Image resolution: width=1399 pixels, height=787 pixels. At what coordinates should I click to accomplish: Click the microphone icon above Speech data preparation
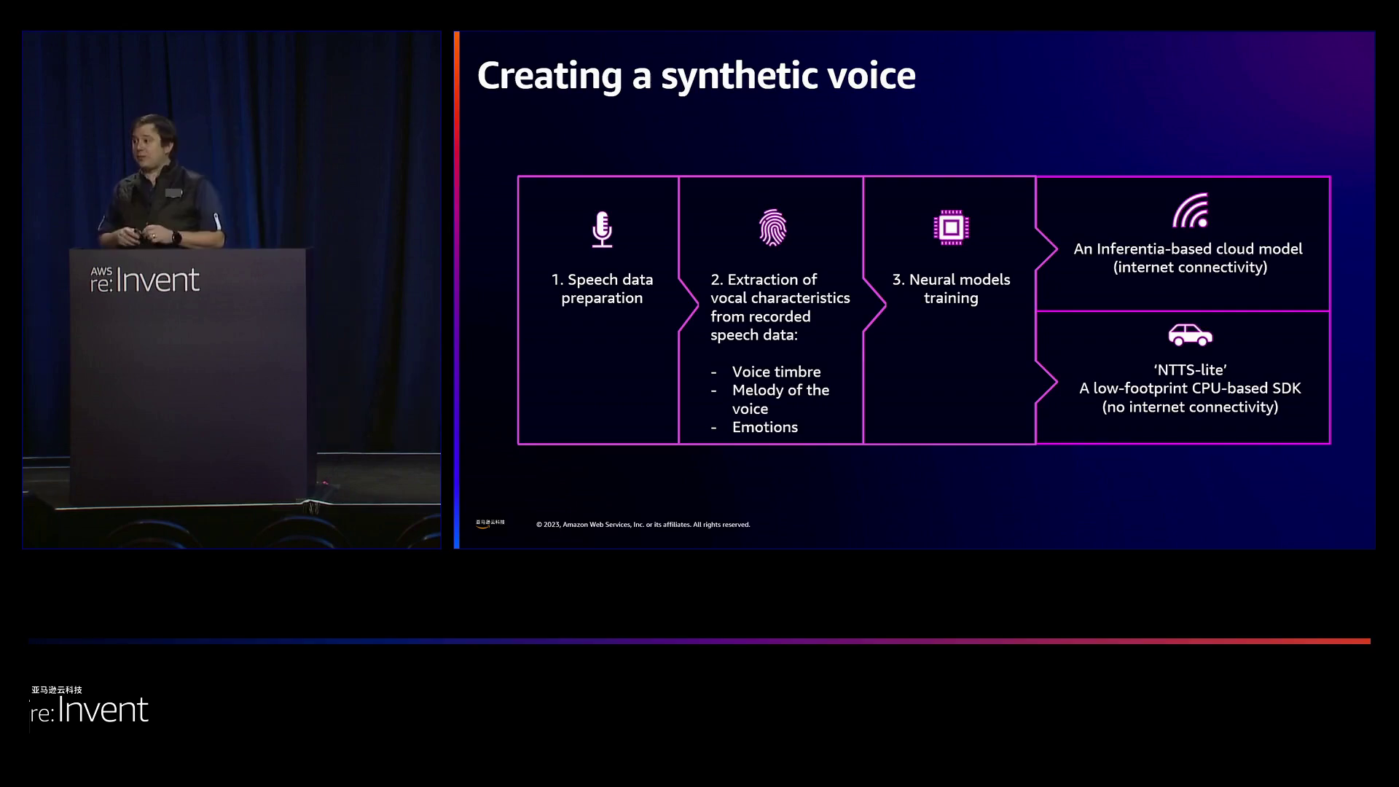(602, 229)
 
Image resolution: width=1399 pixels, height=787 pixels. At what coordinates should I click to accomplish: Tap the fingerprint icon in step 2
(772, 228)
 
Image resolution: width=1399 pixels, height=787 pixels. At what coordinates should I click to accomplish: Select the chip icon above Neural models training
(951, 227)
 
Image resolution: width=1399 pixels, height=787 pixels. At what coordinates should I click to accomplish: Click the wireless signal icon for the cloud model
(1191, 211)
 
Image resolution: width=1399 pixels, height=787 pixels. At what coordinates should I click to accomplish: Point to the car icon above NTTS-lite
(1190, 334)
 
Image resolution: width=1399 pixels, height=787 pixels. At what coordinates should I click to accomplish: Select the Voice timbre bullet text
(776, 372)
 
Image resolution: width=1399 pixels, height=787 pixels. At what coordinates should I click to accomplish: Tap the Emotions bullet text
(764, 427)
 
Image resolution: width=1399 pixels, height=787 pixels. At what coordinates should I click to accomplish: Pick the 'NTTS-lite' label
(1190, 369)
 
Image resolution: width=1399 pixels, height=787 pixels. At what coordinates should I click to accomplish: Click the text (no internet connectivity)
(1190, 407)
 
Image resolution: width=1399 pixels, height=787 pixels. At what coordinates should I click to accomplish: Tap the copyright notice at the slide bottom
(643, 525)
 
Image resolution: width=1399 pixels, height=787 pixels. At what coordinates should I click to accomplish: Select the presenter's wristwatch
(176, 237)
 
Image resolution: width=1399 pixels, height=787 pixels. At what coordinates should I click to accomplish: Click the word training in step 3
(951, 298)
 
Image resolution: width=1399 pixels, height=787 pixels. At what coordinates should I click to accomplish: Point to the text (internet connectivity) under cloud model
(1190, 267)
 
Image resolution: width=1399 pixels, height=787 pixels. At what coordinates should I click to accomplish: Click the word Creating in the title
(549, 76)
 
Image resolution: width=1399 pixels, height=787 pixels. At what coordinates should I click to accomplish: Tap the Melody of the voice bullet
(780, 399)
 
